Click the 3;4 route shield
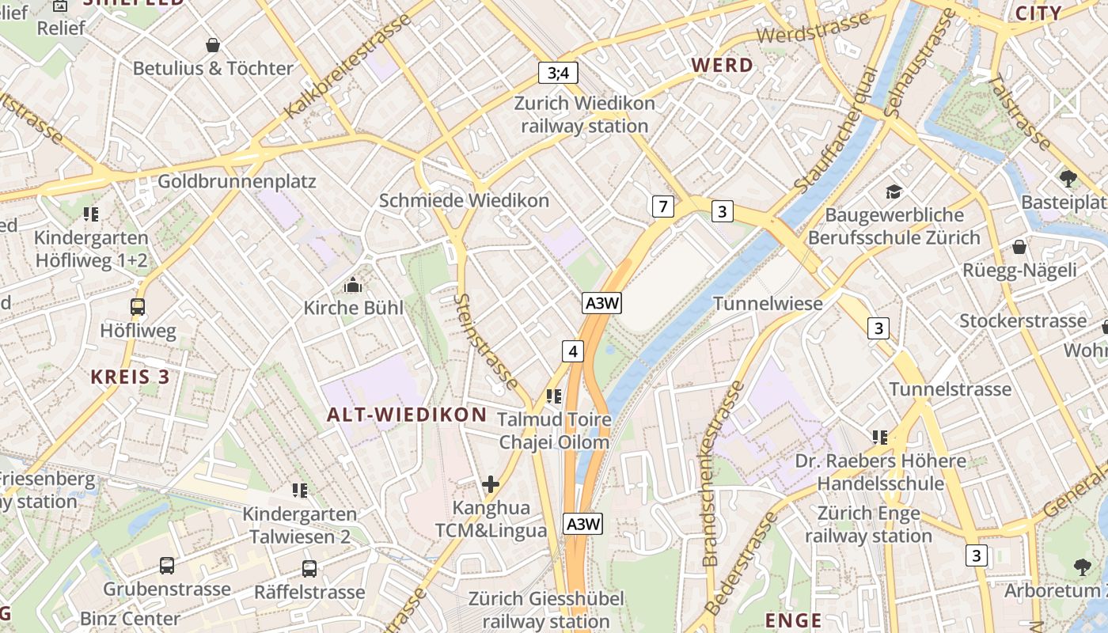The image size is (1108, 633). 558,73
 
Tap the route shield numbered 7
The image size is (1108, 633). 663,207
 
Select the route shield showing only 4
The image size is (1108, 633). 573,351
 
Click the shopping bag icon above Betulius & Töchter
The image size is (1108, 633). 212,45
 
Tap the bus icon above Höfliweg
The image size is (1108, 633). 138,306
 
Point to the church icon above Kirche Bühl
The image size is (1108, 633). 353,285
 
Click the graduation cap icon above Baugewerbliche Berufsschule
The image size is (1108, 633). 894,191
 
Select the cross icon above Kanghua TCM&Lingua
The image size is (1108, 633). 491,483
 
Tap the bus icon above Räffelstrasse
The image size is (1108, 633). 309,568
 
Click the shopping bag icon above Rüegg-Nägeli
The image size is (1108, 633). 1019,247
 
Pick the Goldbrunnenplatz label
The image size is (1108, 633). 237,181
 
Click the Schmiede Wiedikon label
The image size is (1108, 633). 464,200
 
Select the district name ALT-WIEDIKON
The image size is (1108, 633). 407,414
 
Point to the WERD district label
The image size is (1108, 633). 722,65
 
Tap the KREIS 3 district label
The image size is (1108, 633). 131,377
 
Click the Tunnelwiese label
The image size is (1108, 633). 768,303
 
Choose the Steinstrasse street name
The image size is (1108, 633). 486,340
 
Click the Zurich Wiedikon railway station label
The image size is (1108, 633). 585,115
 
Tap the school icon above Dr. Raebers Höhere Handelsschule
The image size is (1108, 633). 879,437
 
